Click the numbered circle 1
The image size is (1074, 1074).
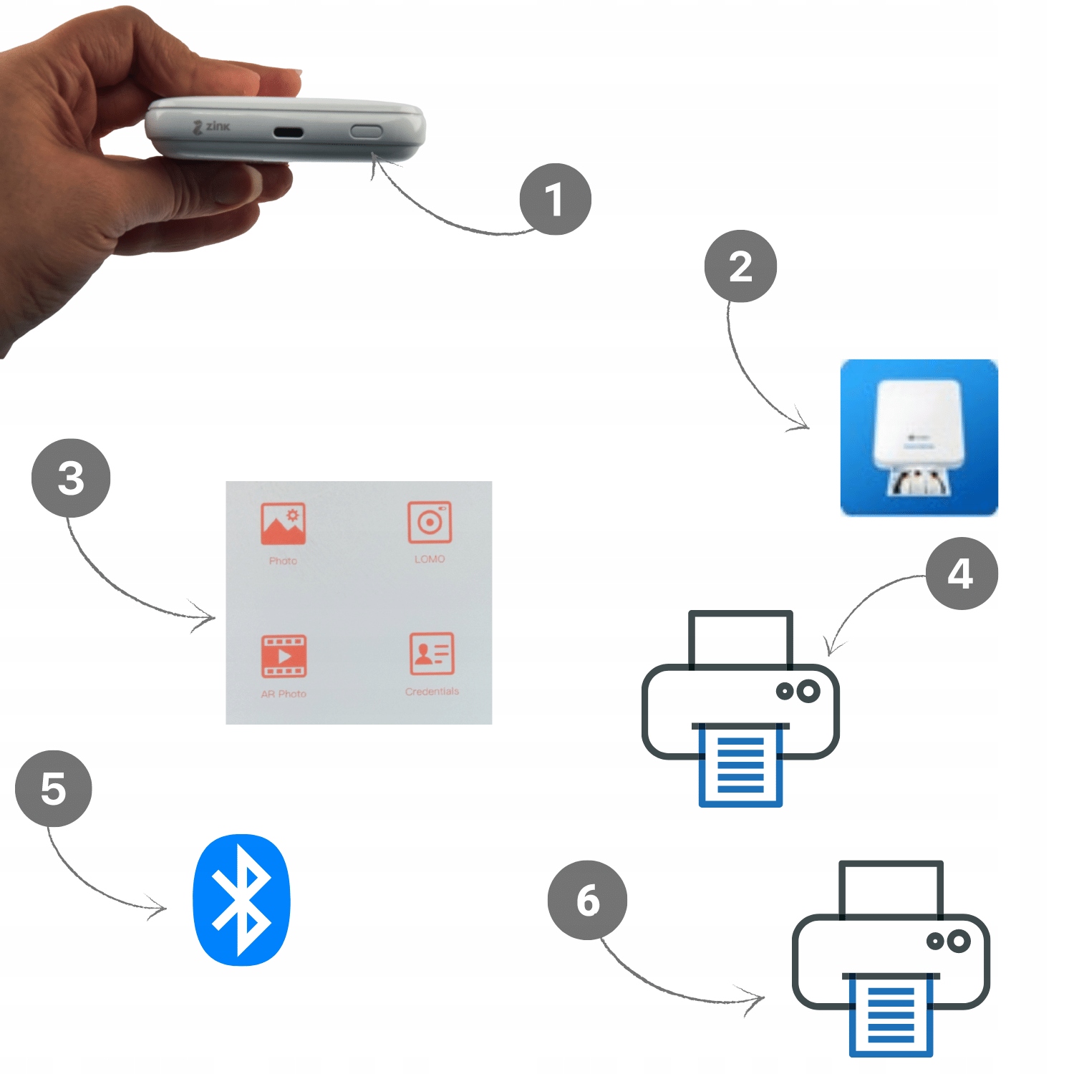click(x=555, y=199)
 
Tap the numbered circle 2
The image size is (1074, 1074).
click(x=740, y=266)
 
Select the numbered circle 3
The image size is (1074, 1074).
click(x=71, y=478)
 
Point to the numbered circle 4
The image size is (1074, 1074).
click(x=961, y=574)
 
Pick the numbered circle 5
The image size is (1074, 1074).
click(x=54, y=788)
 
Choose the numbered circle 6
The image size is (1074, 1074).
click(x=587, y=900)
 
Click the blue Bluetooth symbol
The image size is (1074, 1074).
click(x=242, y=899)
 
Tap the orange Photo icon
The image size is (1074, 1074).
click(x=283, y=523)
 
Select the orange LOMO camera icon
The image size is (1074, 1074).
click(x=430, y=522)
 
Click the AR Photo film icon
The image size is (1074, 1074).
click(x=284, y=656)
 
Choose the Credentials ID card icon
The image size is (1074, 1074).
click(x=432, y=653)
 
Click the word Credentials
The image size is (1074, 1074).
click(x=432, y=692)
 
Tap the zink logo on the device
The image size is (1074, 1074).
click(x=212, y=127)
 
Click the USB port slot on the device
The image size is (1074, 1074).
click(x=288, y=132)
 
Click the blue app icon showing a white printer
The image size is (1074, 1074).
click(x=919, y=437)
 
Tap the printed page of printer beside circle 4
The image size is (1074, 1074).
click(x=740, y=764)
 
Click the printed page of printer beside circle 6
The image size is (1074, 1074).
click(x=891, y=1014)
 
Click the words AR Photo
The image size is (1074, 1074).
click(x=284, y=694)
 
